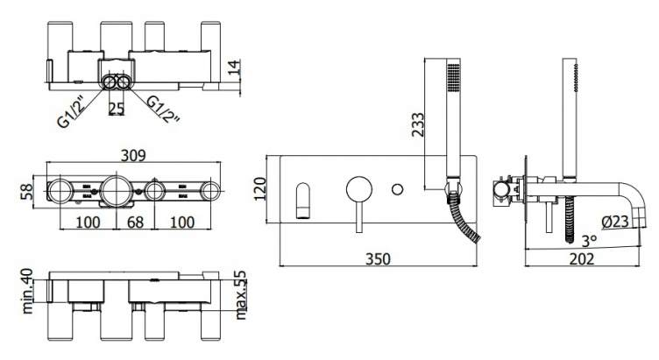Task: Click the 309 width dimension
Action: tap(133, 155)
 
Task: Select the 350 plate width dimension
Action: tap(378, 258)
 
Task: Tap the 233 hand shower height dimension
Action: tap(418, 124)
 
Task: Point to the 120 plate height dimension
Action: tap(260, 189)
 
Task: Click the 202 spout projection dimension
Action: tap(582, 258)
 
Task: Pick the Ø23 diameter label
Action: tap(615, 222)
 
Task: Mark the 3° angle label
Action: tap(589, 241)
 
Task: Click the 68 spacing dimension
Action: tap(135, 222)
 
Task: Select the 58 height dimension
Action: tap(27, 192)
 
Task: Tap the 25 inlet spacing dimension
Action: tap(117, 109)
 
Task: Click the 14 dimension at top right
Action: tap(234, 67)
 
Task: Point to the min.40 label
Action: tap(27, 291)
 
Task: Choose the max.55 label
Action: tap(241, 295)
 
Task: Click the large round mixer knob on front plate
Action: tap(359, 189)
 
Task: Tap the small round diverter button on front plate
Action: tap(397, 189)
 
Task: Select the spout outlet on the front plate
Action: tap(303, 201)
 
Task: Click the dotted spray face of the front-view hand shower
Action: tap(453, 76)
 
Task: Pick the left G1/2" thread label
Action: tap(71, 112)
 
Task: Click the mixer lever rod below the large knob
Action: tap(359, 217)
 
